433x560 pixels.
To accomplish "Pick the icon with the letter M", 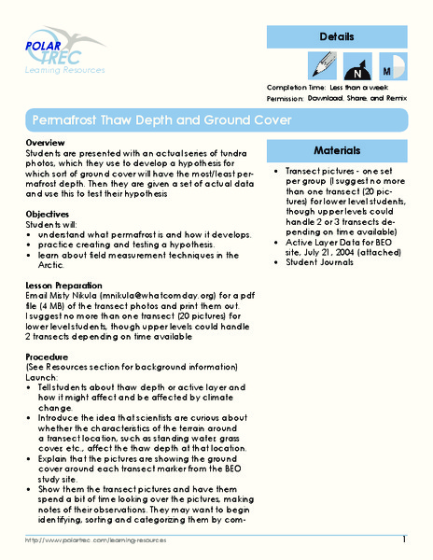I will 392,69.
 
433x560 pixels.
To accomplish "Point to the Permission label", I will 287,96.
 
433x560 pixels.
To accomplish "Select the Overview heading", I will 43,142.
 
